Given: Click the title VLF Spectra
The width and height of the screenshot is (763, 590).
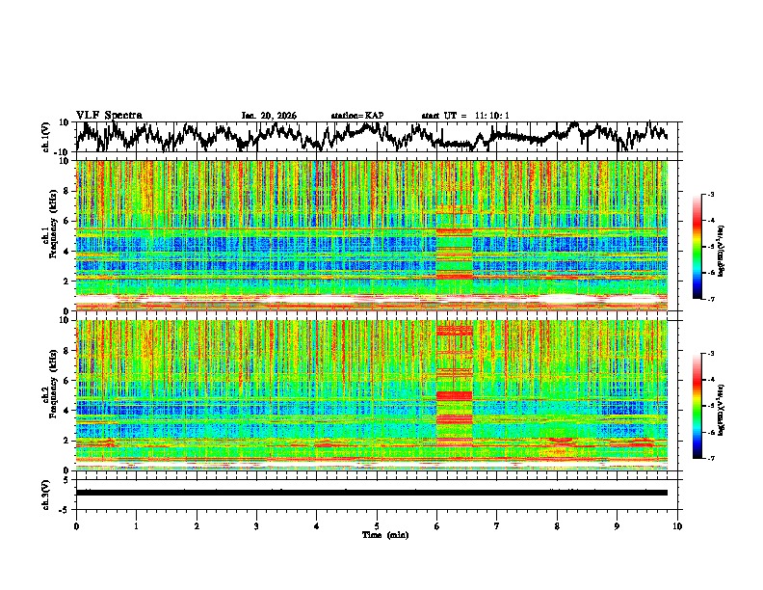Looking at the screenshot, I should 109,115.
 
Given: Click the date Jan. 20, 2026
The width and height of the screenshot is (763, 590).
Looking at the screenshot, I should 269,116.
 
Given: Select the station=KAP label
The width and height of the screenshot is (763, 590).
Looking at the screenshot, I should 356,116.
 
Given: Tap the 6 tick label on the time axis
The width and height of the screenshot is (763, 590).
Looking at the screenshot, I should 436,525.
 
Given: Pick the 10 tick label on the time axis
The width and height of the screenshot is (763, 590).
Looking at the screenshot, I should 677,525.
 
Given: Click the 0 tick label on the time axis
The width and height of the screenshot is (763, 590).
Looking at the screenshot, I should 76,525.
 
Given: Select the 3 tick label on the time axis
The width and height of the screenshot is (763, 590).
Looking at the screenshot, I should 256,525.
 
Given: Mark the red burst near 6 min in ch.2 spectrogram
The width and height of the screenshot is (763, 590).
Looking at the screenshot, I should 455,395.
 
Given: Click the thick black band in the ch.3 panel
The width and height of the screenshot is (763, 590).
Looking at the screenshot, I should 371,493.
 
